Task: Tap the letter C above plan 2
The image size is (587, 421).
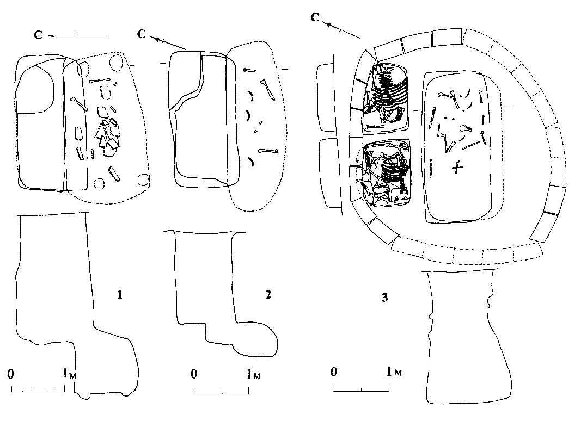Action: pos(142,35)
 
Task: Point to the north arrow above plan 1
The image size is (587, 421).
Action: pos(77,36)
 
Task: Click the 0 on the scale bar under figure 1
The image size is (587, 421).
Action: pos(11,374)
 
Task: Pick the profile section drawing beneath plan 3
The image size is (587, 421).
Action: pos(460,337)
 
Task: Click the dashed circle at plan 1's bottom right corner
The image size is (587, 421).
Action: pos(144,181)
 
